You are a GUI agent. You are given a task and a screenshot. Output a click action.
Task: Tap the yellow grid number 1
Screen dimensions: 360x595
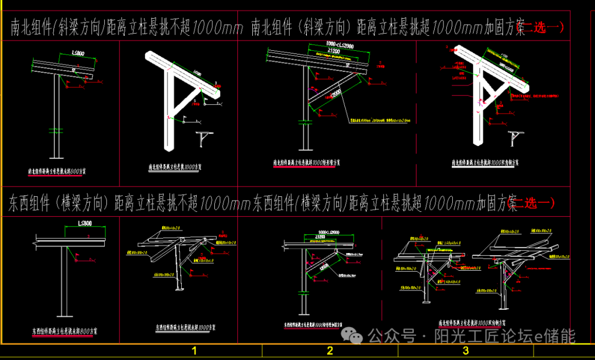pyautogui.click(x=194, y=351)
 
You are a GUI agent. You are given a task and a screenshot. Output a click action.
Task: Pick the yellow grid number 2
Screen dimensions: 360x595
pyautogui.click(x=329, y=351)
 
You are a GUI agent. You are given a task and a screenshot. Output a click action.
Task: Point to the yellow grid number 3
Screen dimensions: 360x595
pyautogui.click(x=466, y=351)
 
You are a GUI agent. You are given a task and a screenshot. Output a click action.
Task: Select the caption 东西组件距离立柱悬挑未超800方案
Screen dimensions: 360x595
pyautogui.click(x=65, y=332)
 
